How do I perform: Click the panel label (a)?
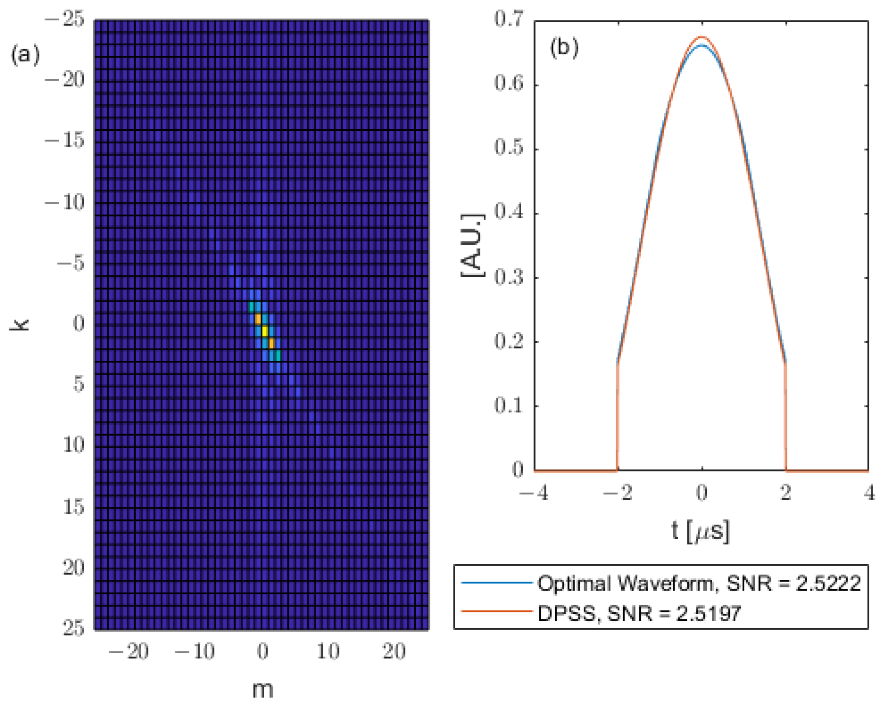[25, 55]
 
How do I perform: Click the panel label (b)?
[564, 47]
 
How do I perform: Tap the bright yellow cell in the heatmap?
[265, 331]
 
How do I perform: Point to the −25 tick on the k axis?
[64, 19]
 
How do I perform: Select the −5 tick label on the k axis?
[71, 263]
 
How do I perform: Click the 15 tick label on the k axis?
[74, 507]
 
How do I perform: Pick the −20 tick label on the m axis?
[129, 652]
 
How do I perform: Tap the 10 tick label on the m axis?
[328, 652]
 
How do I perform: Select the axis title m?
[262, 689]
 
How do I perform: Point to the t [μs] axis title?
[700, 530]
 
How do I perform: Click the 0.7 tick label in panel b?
[509, 19]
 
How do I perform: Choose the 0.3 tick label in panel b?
[509, 277]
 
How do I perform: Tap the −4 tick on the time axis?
[534, 492]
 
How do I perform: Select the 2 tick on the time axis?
[786, 492]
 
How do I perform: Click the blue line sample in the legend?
[496, 583]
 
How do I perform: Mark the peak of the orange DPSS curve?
[702, 37]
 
